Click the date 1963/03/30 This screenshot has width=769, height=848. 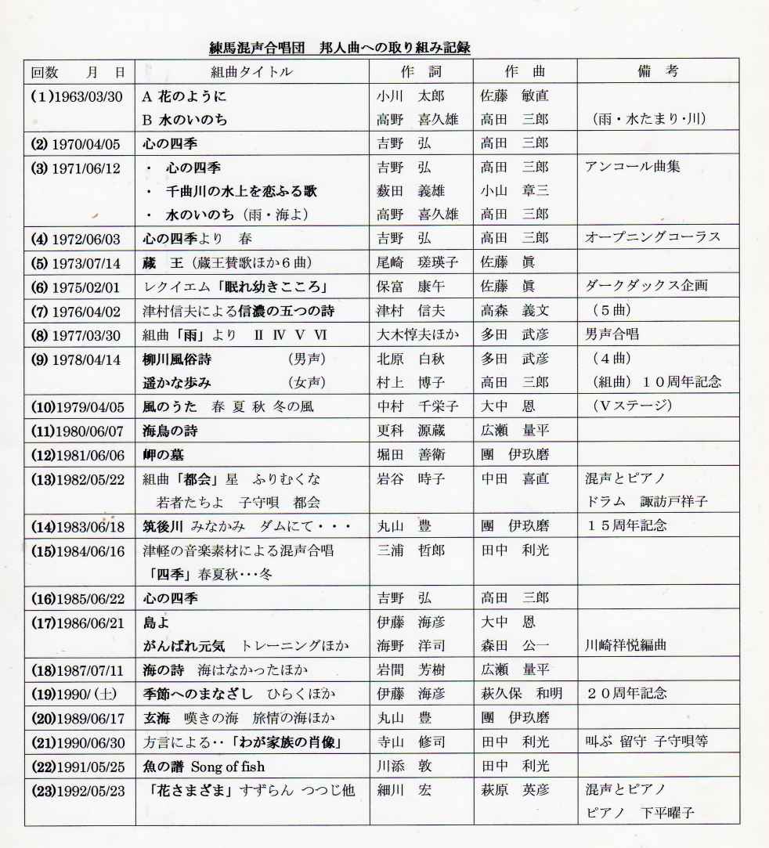pos(86,98)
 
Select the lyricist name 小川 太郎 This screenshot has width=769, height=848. pos(410,98)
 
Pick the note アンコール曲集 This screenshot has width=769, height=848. pos(632,167)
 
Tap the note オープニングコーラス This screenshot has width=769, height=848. pos(652,237)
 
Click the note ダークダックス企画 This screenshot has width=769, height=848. pos(646,286)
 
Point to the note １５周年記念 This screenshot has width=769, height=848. pos(626,525)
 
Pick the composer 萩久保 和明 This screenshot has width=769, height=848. pos(520,694)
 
